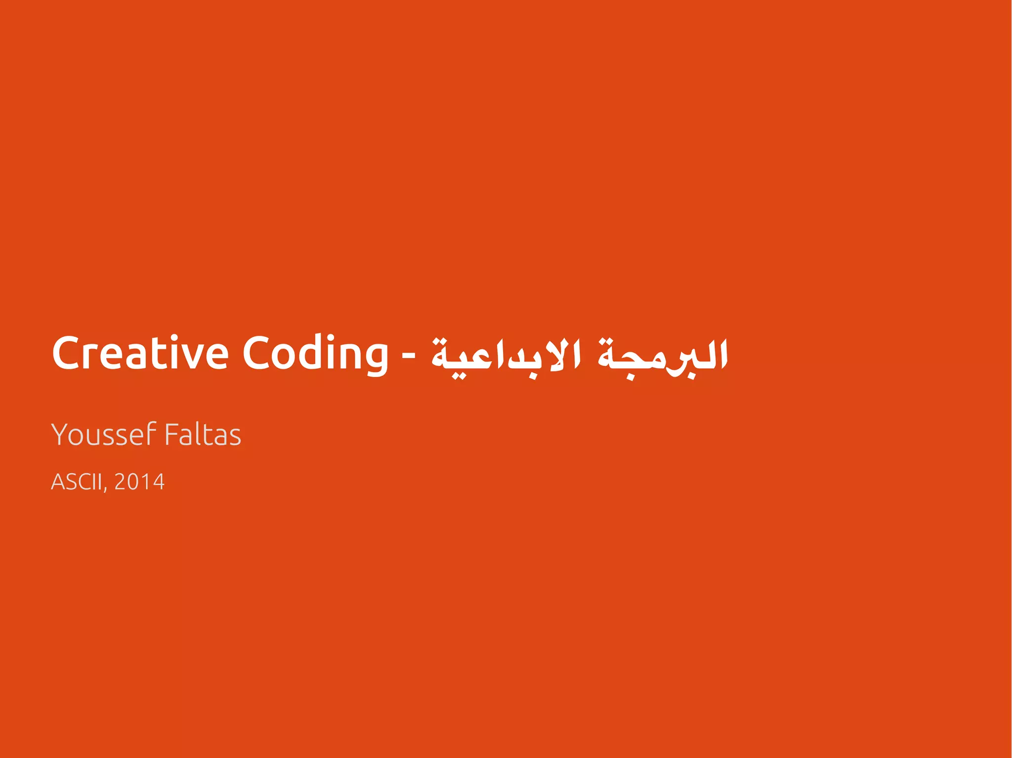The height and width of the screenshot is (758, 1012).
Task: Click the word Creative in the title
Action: (x=140, y=353)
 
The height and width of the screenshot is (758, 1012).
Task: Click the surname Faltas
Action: (x=203, y=435)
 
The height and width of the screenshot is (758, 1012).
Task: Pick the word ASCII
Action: (x=77, y=482)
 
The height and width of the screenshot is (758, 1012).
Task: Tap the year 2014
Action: (x=139, y=482)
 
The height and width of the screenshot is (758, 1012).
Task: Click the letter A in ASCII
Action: (x=58, y=482)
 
